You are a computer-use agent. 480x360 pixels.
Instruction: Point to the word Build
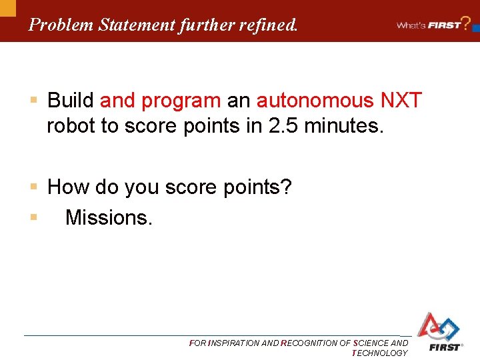tap(71, 101)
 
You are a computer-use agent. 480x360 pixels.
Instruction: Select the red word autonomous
tap(315, 101)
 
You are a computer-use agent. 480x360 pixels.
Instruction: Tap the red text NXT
tap(401, 101)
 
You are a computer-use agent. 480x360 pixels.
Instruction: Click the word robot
tap(71, 126)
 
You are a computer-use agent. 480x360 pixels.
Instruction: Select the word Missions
tap(109, 217)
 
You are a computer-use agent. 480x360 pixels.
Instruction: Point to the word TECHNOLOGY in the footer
tap(379, 353)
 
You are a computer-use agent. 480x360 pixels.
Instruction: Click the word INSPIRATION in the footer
tap(234, 343)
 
